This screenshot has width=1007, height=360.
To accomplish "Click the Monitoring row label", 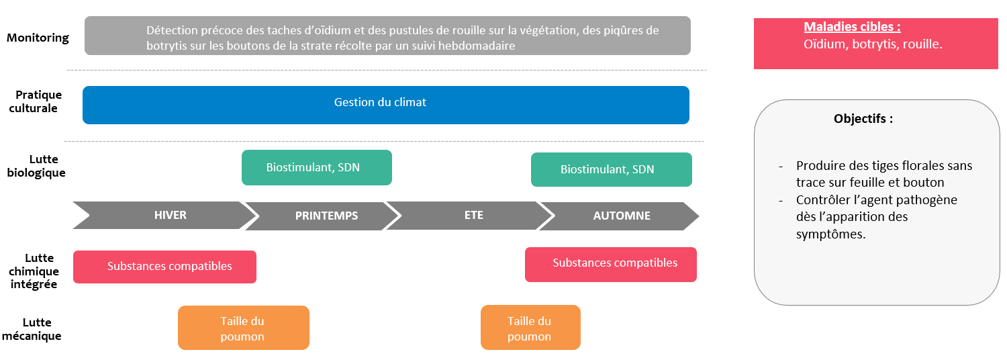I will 38,38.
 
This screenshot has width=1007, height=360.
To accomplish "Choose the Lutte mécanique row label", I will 32,329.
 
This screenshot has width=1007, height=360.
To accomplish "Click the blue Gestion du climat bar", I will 385,105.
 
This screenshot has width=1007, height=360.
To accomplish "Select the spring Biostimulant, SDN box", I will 316,167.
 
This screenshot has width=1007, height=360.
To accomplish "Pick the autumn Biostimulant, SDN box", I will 611,169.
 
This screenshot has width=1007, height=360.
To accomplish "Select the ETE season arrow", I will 473,216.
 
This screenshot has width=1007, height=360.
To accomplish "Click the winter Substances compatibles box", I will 164,267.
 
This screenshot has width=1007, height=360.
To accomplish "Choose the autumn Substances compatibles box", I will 610,264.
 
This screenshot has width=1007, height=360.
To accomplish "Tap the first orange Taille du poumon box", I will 243,328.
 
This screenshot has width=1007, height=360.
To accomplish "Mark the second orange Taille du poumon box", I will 530,328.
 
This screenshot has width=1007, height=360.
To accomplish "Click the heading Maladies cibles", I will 852,28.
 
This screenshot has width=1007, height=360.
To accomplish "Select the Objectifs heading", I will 863,119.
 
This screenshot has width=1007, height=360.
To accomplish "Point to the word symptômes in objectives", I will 830,234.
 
